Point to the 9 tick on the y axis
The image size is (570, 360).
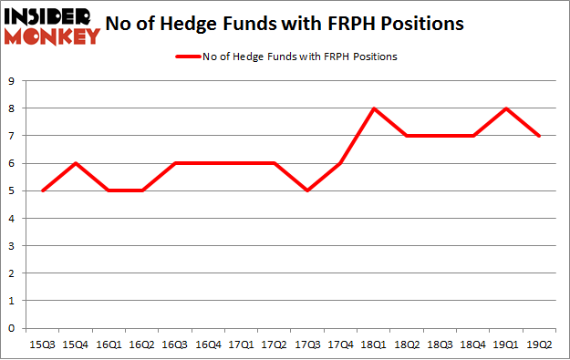10,81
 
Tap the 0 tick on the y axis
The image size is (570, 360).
10,328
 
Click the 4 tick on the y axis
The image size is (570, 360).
10,219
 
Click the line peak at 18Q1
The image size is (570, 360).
374,108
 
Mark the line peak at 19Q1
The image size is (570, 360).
506,108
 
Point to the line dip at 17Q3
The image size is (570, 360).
307,190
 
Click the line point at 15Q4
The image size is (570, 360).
77,163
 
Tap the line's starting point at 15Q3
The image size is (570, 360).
44,190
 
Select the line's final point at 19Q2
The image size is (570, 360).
539,136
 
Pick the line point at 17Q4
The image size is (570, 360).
341,163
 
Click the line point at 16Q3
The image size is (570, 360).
176,163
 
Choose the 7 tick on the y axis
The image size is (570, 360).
10,136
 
